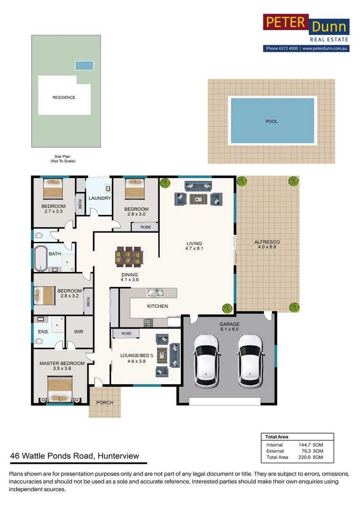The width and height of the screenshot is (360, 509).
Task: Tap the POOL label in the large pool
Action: click(x=272, y=121)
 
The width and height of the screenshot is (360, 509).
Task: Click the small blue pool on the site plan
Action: click(x=84, y=66)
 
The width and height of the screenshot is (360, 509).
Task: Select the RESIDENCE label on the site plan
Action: click(x=64, y=98)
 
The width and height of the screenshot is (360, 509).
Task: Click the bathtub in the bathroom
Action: click(x=41, y=258)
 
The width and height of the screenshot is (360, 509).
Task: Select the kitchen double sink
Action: click(x=155, y=293)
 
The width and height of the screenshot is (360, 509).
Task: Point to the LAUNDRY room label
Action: click(x=99, y=198)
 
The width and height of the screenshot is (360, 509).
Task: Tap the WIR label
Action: click(x=79, y=332)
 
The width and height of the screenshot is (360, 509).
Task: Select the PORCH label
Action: click(x=105, y=402)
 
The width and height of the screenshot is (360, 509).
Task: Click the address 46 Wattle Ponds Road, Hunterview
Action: click(x=74, y=456)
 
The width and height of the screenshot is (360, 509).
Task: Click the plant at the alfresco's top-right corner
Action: click(x=294, y=181)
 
